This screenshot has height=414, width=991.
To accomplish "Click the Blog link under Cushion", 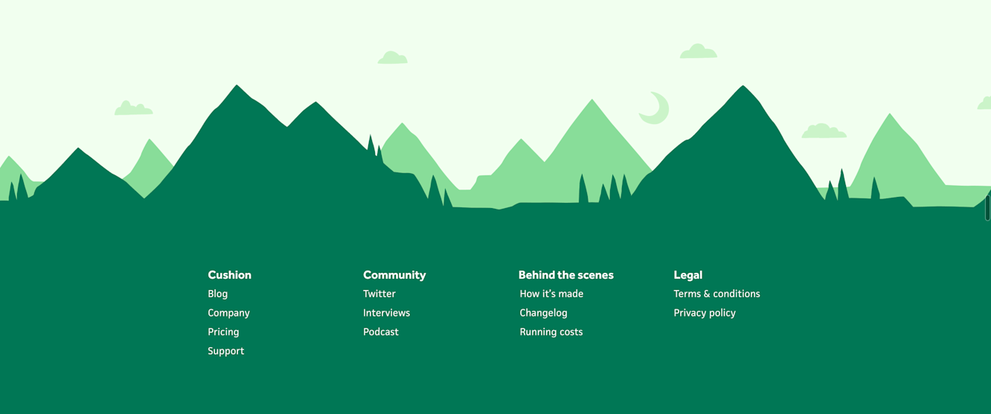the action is tap(218, 294).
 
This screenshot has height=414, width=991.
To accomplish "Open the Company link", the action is tap(228, 313).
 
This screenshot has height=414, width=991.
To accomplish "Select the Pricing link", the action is tap(223, 331).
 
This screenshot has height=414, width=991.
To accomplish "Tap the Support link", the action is tap(225, 351).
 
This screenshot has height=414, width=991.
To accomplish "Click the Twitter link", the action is tap(379, 294).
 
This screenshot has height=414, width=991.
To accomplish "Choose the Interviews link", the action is tap(386, 313).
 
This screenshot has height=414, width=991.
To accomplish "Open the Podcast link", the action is tap(381, 331).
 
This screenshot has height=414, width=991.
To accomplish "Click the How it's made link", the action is tap(551, 294).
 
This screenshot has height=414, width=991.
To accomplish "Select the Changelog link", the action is tap(543, 313).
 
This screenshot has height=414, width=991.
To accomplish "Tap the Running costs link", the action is tap(551, 331).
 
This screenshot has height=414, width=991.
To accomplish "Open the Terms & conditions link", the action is tap(716, 294).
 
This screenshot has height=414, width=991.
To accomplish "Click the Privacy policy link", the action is tap(705, 313).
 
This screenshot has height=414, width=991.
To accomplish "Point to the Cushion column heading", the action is tap(229, 275).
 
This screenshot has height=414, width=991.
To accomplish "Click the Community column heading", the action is tap(394, 275).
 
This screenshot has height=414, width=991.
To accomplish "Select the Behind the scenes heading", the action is tap(566, 275).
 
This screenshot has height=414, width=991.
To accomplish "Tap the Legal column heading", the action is tap(688, 275).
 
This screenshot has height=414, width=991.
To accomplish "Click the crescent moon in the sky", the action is tap(655, 109).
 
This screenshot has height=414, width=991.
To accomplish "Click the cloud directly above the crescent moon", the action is tap(698, 52).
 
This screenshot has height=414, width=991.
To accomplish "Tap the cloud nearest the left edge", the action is tap(133, 109).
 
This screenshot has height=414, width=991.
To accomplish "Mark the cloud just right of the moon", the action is tap(824, 132).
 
